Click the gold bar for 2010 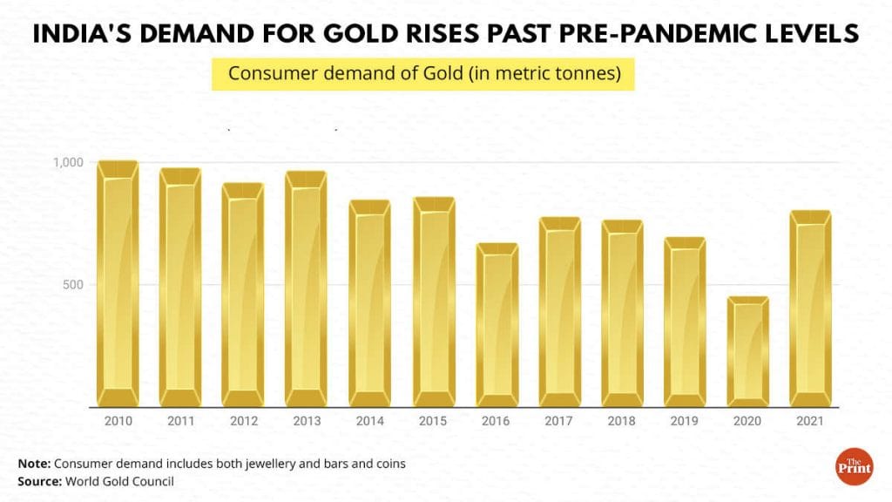pyautogui.click(x=118, y=284)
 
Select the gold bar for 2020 pyautogui.click(x=748, y=352)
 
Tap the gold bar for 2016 pyautogui.click(x=497, y=325)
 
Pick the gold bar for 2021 pyautogui.click(x=811, y=309)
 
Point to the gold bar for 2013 pyautogui.click(x=307, y=288)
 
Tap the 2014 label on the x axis pyautogui.click(x=370, y=421)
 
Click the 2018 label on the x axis pyautogui.click(x=622, y=421)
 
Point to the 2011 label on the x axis pyautogui.click(x=180, y=421)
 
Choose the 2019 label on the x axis pyautogui.click(x=685, y=421)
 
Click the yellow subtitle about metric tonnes pyautogui.click(x=423, y=74)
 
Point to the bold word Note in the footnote pyautogui.click(x=34, y=464)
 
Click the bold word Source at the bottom pyautogui.click(x=40, y=481)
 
